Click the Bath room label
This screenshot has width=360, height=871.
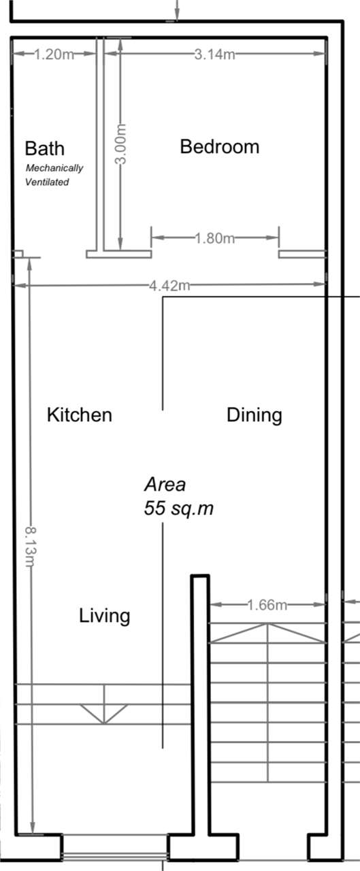tap(45, 148)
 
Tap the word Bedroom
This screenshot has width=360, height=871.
tap(220, 146)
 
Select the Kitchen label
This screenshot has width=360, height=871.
tap(80, 414)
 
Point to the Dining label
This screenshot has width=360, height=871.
tap(255, 415)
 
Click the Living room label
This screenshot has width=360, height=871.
tap(105, 616)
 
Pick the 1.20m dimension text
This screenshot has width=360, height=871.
tap(54, 54)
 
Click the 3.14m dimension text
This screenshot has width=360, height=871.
tap(214, 54)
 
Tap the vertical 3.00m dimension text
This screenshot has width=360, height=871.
tap(121, 144)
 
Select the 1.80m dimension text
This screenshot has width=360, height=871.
tap(214, 237)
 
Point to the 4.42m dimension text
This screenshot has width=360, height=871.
tap(170, 286)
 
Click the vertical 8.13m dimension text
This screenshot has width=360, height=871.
tap(31, 546)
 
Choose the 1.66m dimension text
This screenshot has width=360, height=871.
tap(267, 605)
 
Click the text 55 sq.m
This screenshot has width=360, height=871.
tap(179, 508)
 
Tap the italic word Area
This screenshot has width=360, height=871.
tap(165, 484)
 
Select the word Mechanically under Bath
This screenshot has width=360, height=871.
tap(54, 168)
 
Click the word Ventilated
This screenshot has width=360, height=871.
tap(47, 182)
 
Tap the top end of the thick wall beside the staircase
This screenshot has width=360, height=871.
tap(200, 576)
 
